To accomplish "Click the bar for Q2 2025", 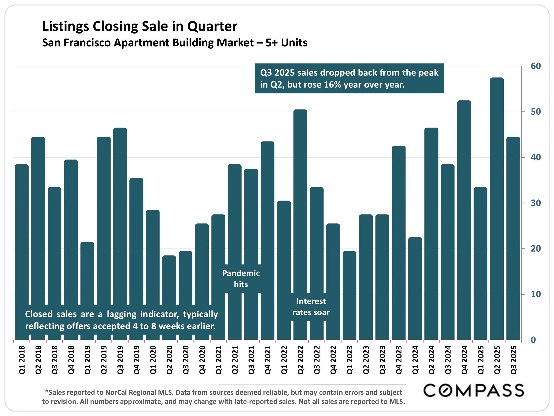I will pyautogui.click(x=497, y=208).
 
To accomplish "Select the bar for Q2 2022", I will pyautogui.click(x=300, y=201).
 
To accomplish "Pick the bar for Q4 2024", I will pyautogui.click(x=464, y=221).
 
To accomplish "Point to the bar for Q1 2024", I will pyautogui.click(x=415, y=288).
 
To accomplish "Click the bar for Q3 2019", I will pyautogui.click(x=120, y=216).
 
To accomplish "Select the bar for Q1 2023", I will pyautogui.click(x=349, y=296).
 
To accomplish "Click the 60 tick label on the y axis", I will pyautogui.click(x=536, y=66).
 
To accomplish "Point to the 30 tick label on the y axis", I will pyautogui.click(x=536, y=203).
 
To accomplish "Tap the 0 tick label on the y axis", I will pyautogui.click(x=533, y=340).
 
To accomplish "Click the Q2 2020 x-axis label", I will pyautogui.click(x=169, y=360).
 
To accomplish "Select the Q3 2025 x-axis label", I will pyautogui.click(x=513, y=360).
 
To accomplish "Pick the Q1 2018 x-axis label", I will pyautogui.click(x=22, y=360).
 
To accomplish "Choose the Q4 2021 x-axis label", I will pyautogui.click(x=268, y=360).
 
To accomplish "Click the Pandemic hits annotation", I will pyautogui.click(x=241, y=279).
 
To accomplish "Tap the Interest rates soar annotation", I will pyautogui.click(x=311, y=307).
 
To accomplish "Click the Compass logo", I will pyautogui.click(x=473, y=391).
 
